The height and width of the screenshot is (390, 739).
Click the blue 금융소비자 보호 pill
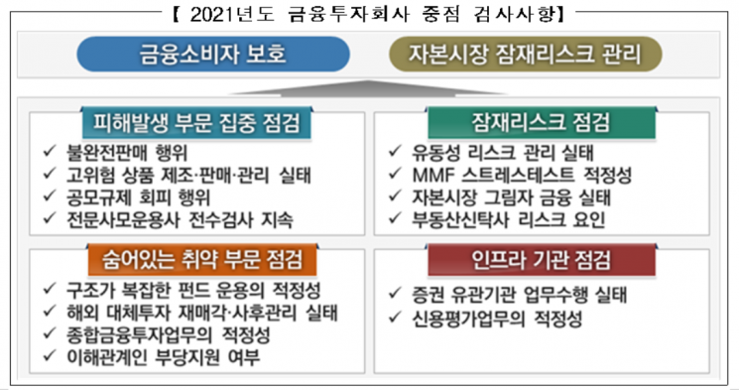[x=213, y=54]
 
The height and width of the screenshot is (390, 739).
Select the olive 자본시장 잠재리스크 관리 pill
[x=526, y=54]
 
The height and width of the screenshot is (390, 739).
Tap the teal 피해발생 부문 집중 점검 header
[x=196, y=123]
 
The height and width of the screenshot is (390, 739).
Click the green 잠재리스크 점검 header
[x=541, y=123]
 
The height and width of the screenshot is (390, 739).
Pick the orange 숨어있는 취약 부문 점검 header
[x=202, y=260]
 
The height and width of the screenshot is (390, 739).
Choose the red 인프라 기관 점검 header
[x=541, y=260]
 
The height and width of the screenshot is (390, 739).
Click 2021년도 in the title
[x=232, y=15]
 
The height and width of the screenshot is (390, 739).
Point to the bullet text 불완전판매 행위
[x=127, y=153]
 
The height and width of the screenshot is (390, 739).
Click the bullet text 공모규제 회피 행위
[x=138, y=197]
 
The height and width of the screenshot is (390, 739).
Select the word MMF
[x=431, y=176]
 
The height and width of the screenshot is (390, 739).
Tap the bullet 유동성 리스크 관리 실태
[x=503, y=153]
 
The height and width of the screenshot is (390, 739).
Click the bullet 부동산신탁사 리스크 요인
[x=509, y=219]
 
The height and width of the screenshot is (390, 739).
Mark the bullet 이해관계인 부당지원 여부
[x=163, y=357]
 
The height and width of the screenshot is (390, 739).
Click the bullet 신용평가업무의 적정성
[x=497, y=319]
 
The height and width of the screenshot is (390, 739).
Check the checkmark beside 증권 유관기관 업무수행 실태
[x=395, y=293]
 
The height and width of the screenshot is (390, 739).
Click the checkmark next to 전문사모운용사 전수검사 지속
[x=50, y=218]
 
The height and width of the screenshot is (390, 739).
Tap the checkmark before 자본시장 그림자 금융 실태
[x=395, y=195]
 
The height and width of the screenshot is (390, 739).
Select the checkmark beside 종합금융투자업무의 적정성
[x=50, y=332]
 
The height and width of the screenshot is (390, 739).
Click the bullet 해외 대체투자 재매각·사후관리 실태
[x=202, y=313]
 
